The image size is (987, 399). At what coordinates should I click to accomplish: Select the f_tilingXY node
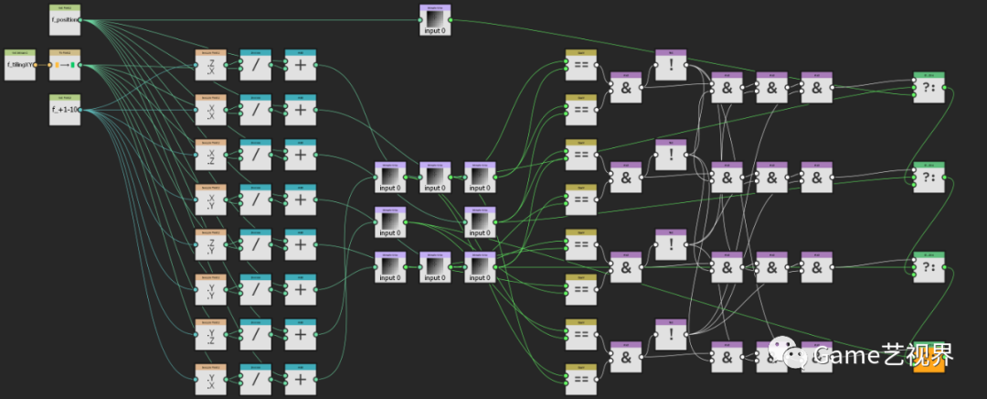click(20, 64)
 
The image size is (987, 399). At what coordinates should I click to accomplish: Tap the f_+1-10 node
click(64, 110)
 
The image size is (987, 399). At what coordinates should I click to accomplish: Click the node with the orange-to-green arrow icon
click(64, 64)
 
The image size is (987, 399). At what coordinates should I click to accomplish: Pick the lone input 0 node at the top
click(435, 20)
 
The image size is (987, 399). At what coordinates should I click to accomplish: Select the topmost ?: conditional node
click(929, 87)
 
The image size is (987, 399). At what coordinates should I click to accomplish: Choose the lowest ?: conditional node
click(929, 266)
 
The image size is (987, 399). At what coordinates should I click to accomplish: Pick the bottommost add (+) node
click(301, 379)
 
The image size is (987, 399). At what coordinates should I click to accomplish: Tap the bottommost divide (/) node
click(256, 379)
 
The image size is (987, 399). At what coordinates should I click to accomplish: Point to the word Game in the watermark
click(848, 354)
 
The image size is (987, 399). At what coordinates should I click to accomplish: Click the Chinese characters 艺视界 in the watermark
click(919, 354)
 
